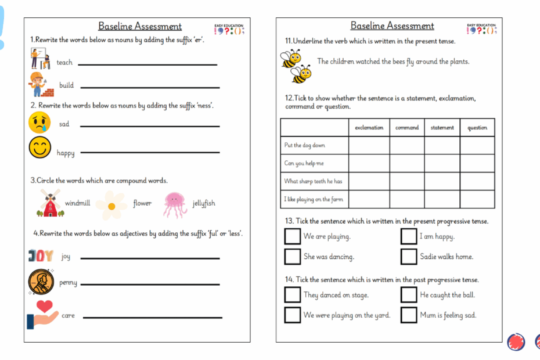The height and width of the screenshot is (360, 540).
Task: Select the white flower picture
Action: pos(111,204)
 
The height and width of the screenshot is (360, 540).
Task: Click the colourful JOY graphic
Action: pos(41,255)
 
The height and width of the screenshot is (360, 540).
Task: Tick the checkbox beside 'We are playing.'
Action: pos(293,236)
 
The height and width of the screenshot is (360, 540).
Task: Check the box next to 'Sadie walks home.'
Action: pos(409,256)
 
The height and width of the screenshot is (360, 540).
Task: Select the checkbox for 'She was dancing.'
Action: pos(293,256)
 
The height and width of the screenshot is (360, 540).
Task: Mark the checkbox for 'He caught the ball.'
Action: pos(409,294)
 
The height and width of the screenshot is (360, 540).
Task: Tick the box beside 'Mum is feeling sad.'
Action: pos(409,315)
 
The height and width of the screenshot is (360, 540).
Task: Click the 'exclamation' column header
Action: pos(369,128)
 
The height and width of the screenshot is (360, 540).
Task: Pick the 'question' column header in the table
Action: pos(477,128)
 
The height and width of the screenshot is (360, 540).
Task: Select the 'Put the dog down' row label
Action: pos(305,146)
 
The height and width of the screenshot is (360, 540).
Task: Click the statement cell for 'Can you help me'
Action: pos(442,163)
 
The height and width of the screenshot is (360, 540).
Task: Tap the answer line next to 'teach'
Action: pos(147,64)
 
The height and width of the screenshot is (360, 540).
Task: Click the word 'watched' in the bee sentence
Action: pos(368,62)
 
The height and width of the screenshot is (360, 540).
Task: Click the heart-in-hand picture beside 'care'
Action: pos(42,315)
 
